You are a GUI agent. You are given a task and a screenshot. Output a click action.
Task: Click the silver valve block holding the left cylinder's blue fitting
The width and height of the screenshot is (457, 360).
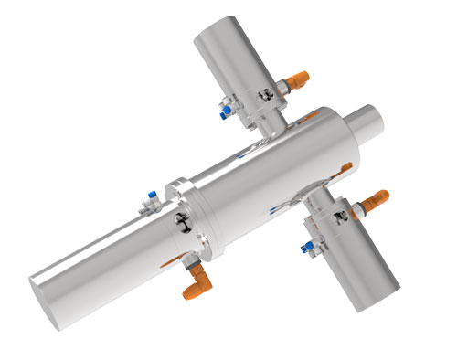[x=155, y=205]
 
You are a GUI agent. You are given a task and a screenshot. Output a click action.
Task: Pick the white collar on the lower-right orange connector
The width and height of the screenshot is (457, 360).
[x=359, y=205]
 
